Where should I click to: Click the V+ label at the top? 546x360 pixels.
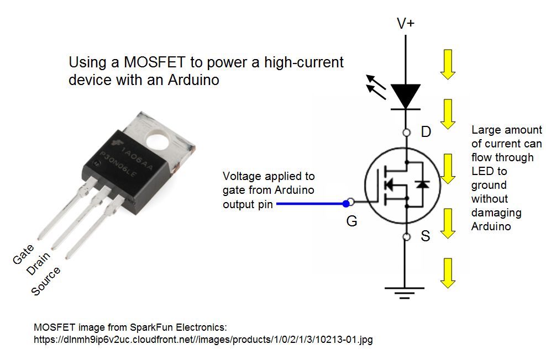coord(407,23)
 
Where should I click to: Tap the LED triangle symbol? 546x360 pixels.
coord(406,96)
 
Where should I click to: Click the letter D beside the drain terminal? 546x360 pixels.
coord(426,133)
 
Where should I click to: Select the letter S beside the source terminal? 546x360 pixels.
coord(425,237)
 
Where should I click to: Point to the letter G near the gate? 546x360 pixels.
coord(351,221)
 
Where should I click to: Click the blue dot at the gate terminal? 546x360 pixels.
coord(347,204)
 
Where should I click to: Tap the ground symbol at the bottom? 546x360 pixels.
coord(406,292)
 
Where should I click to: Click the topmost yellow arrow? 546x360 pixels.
coord(448,63)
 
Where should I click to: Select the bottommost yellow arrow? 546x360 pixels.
coord(448,274)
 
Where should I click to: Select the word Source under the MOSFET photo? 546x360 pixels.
coord(46,281)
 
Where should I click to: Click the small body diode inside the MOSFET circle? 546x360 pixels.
coord(423,184)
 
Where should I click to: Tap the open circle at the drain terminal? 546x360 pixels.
coord(406,133)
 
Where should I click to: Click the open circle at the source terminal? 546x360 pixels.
coord(406,237)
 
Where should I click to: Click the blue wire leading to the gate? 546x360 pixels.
coord(309,204)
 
